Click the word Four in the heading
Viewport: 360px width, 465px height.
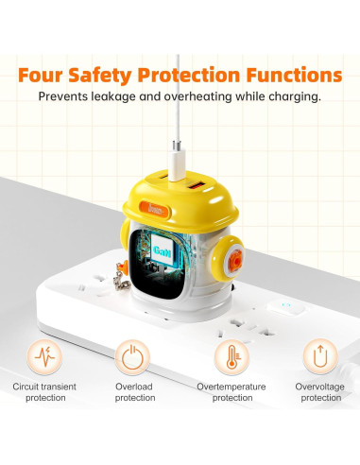(x=49, y=74)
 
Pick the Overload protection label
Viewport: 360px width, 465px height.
(x=134, y=392)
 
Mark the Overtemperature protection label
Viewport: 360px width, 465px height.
(x=230, y=392)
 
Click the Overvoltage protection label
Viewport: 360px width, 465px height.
(x=319, y=392)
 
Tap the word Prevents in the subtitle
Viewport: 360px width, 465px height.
(x=65, y=96)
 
